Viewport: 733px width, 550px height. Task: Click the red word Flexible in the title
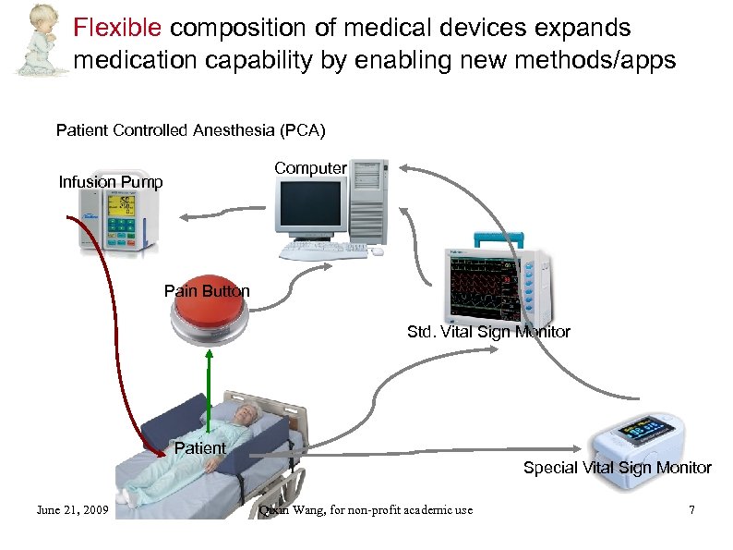pyautogui.click(x=119, y=27)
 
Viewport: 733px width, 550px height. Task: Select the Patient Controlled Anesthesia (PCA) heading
pyautogui.click(x=190, y=129)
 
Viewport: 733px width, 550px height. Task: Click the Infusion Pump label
pyautogui.click(x=111, y=182)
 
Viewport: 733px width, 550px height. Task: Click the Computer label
pyautogui.click(x=310, y=168)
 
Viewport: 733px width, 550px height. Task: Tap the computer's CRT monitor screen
pyautogui.click(x=309, y=206)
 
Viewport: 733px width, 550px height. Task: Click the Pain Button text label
pyautogui.click(x=207, y=291)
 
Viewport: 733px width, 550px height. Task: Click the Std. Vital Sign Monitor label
pyautogui.click(x=488, y=332)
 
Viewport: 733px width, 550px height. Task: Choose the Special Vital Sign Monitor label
pyautogui.click(x=617, y=468)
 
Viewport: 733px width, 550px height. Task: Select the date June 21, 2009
pyautogui.click(x=72, y=509)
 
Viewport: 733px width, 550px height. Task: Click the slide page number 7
pyautogui.click(x=691, y=509)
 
